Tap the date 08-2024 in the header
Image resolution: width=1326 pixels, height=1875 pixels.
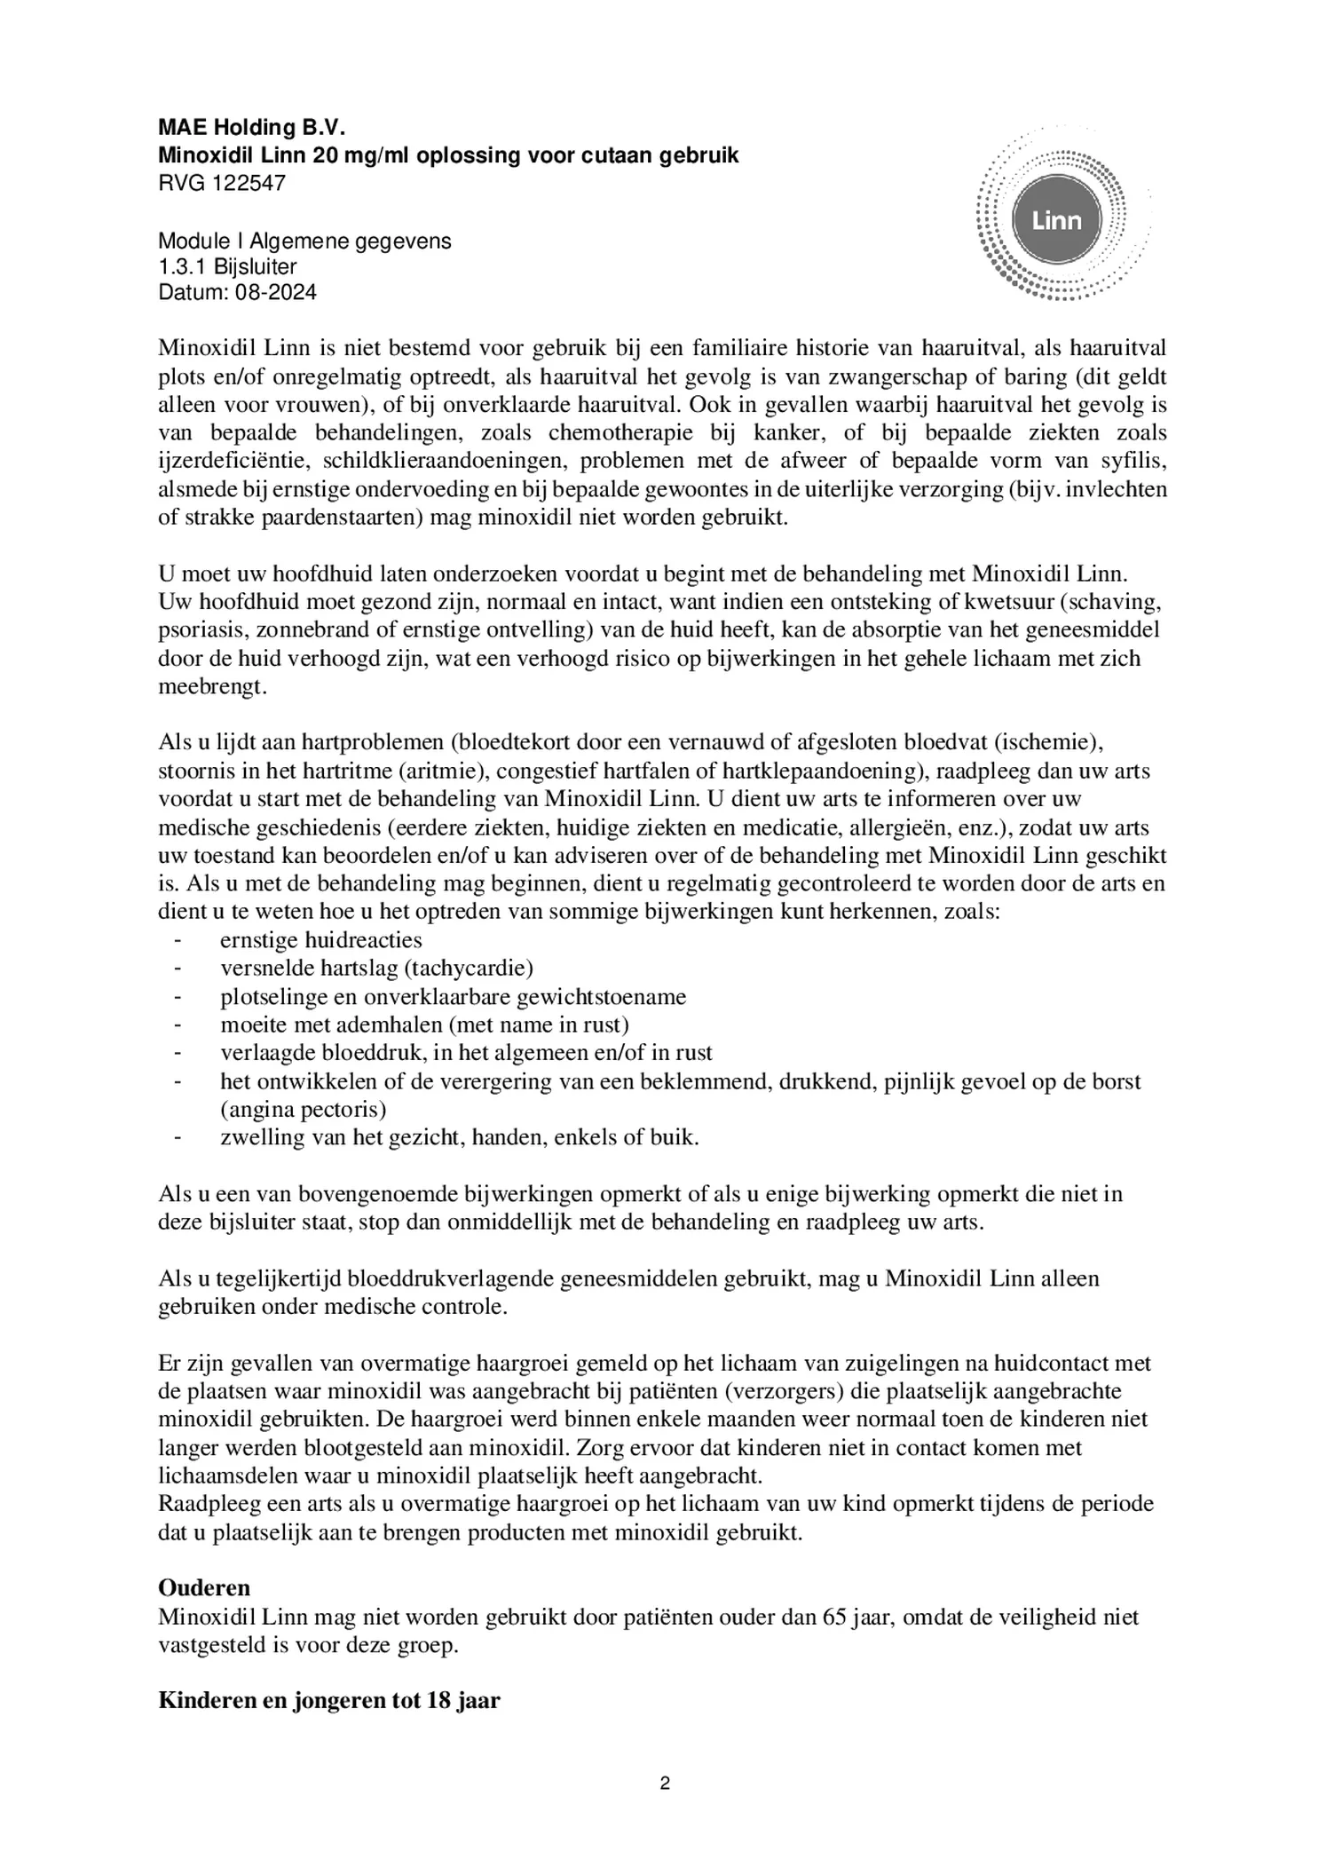pos(275,292)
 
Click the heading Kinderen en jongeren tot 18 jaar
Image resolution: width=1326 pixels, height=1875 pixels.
pos(328,1700)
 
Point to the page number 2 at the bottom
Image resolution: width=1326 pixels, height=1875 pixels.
pos(664,1784)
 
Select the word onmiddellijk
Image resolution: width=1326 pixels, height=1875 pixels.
pos(505,1222)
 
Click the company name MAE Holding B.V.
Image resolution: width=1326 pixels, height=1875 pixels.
pos(250,128)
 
